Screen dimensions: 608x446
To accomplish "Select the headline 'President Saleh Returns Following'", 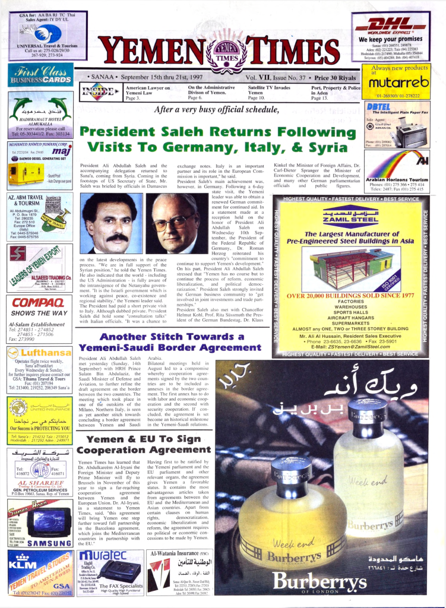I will click(217, 131).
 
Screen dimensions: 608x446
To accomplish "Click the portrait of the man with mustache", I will click(110, 222).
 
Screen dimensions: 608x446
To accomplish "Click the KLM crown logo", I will click(22, 561).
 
